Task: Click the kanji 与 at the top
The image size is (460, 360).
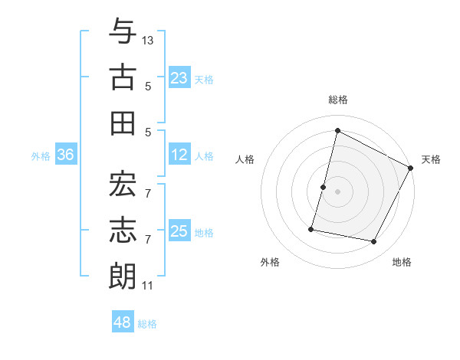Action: click(123, 33)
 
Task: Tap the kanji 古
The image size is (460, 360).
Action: click(123, 78)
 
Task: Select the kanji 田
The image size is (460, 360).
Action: click(123, 123)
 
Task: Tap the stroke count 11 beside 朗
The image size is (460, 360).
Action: click(147, 286)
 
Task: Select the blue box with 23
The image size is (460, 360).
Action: click(179, 77)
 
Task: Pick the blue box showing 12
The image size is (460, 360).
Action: click(179, 155)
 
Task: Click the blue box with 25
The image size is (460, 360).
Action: click(179, 231)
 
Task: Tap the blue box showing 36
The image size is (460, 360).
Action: click(66, 155)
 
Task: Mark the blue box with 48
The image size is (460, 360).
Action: click(123, 322)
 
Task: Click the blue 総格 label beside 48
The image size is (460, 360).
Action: click(147, 324)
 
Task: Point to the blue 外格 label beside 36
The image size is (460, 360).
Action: click(41, 156)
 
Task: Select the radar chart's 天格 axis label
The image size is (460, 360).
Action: click(431, 159)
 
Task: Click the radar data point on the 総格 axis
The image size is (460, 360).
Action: click(337, 131)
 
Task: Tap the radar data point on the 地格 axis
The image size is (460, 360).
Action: click(374, 242)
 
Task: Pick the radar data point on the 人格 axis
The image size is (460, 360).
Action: click(323, 187)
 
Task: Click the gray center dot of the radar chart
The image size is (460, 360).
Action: click(337, 191)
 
